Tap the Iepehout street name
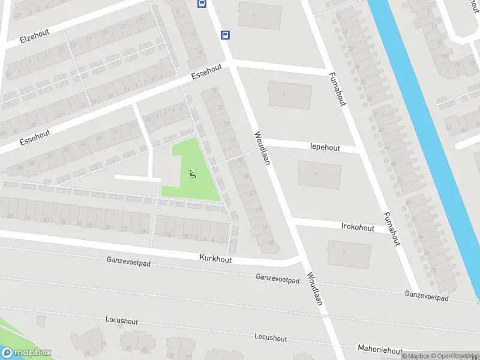tap(325, 148)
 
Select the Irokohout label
tap(357, 228)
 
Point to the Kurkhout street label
tap(215, 259)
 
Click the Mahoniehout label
tap(379, 349)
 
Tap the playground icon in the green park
tap(192, 175)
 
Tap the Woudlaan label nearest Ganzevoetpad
tap(315, 289)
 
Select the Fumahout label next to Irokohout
tap(392, 229)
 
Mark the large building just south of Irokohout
tap(349, 254)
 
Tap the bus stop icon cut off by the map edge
tap(202, 4)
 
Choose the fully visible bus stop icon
tap(225, 35)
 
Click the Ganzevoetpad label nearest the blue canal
tap(427, 296)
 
